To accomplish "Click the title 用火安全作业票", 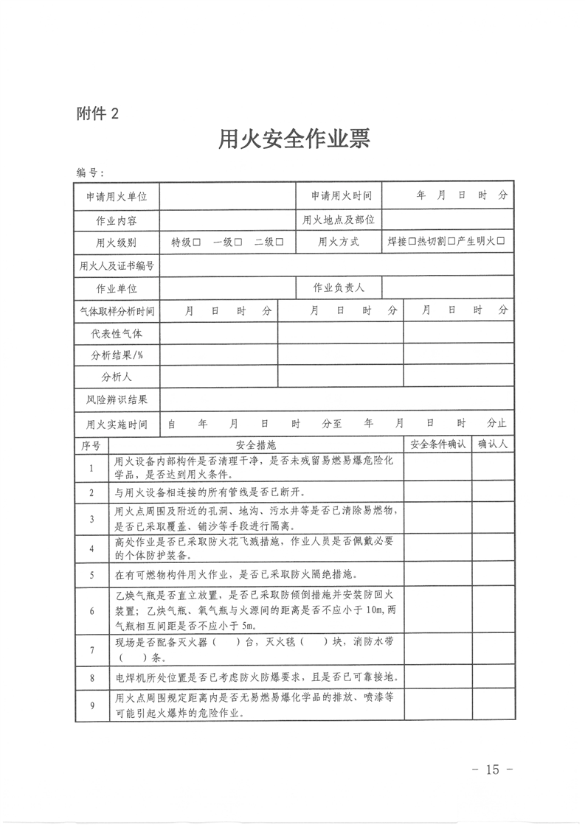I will (293, 139).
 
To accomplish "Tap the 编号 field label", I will (90, 172).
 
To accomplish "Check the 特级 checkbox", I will (197, 242).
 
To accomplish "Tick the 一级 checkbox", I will (238, 242).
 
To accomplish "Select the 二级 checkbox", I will (280, 242).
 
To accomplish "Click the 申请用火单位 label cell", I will (117, 197).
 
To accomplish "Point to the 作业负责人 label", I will (339, 287).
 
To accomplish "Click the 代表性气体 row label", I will (117, 333).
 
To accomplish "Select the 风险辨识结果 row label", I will (117, 399).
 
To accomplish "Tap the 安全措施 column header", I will (255, 444).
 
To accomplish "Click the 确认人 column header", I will (494, 444).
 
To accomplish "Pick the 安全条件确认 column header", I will (437, 444).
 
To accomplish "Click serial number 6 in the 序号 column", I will (91, 611).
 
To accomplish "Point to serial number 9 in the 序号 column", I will (91, 705).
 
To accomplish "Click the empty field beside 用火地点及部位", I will (448, 220).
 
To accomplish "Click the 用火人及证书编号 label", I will (117, 265).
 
